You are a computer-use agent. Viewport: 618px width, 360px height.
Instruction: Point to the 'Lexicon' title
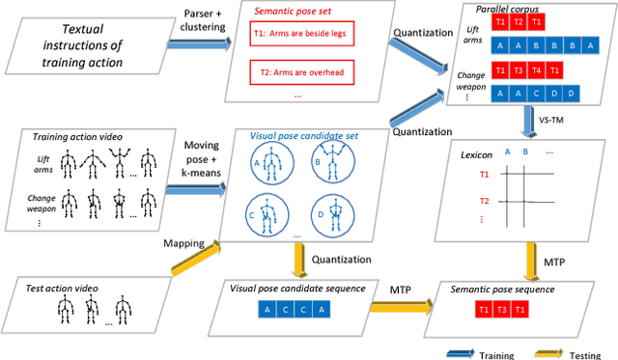[x=480, y=156]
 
